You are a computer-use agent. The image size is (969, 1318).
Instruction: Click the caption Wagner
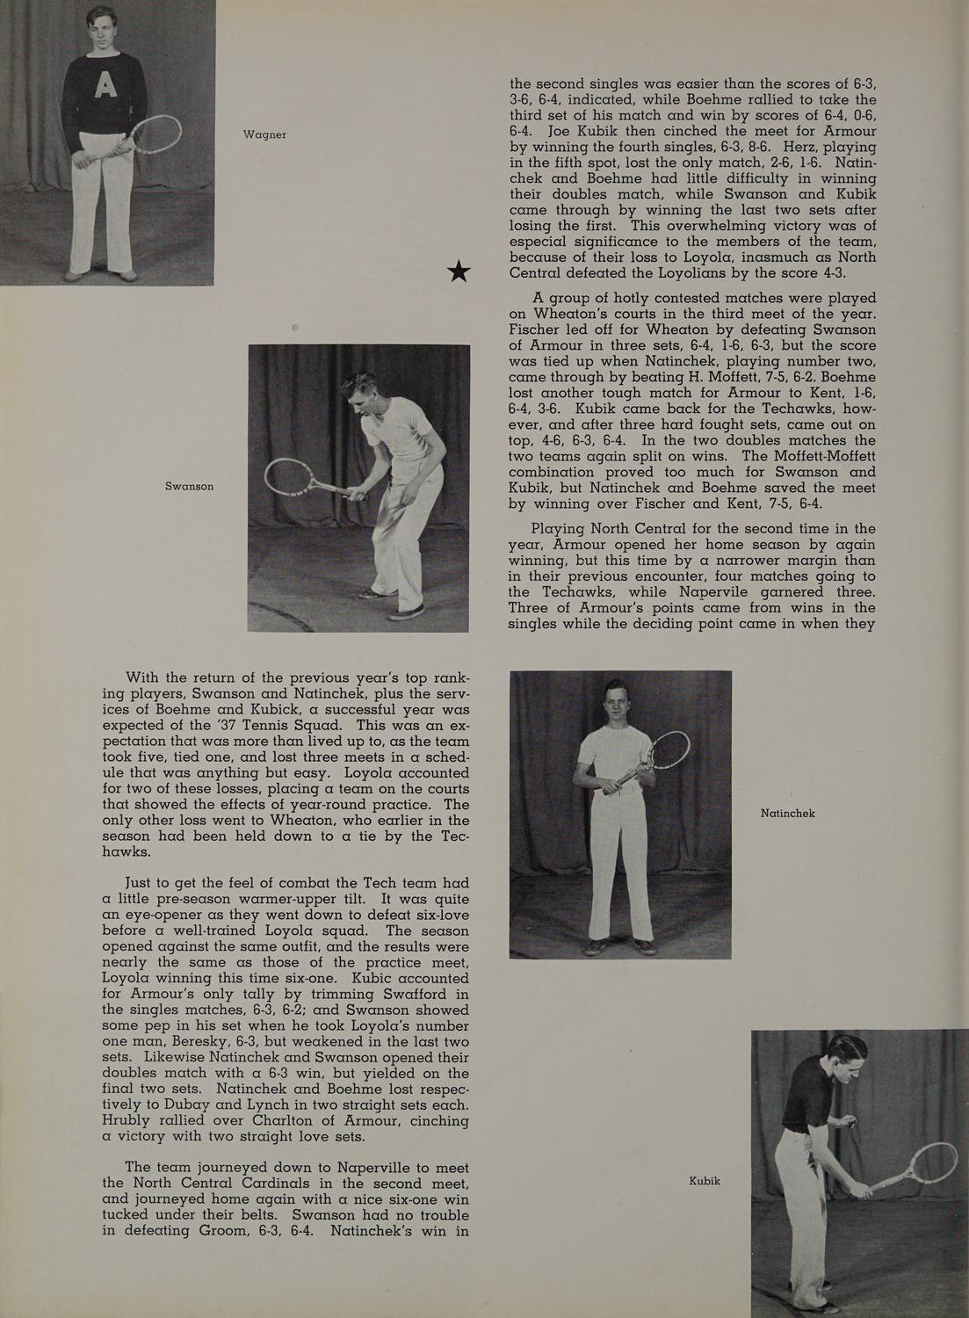(x=264, y=134)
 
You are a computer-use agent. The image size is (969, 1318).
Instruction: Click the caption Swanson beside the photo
(x=189, y=486)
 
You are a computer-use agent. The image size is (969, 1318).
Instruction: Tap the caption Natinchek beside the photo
(x=787, y=814)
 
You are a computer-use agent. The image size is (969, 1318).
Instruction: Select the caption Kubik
(x=705, y=1181)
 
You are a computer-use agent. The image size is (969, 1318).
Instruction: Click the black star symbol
(x=459, y=272)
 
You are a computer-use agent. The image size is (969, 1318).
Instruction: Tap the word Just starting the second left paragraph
(x=143, y=883)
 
